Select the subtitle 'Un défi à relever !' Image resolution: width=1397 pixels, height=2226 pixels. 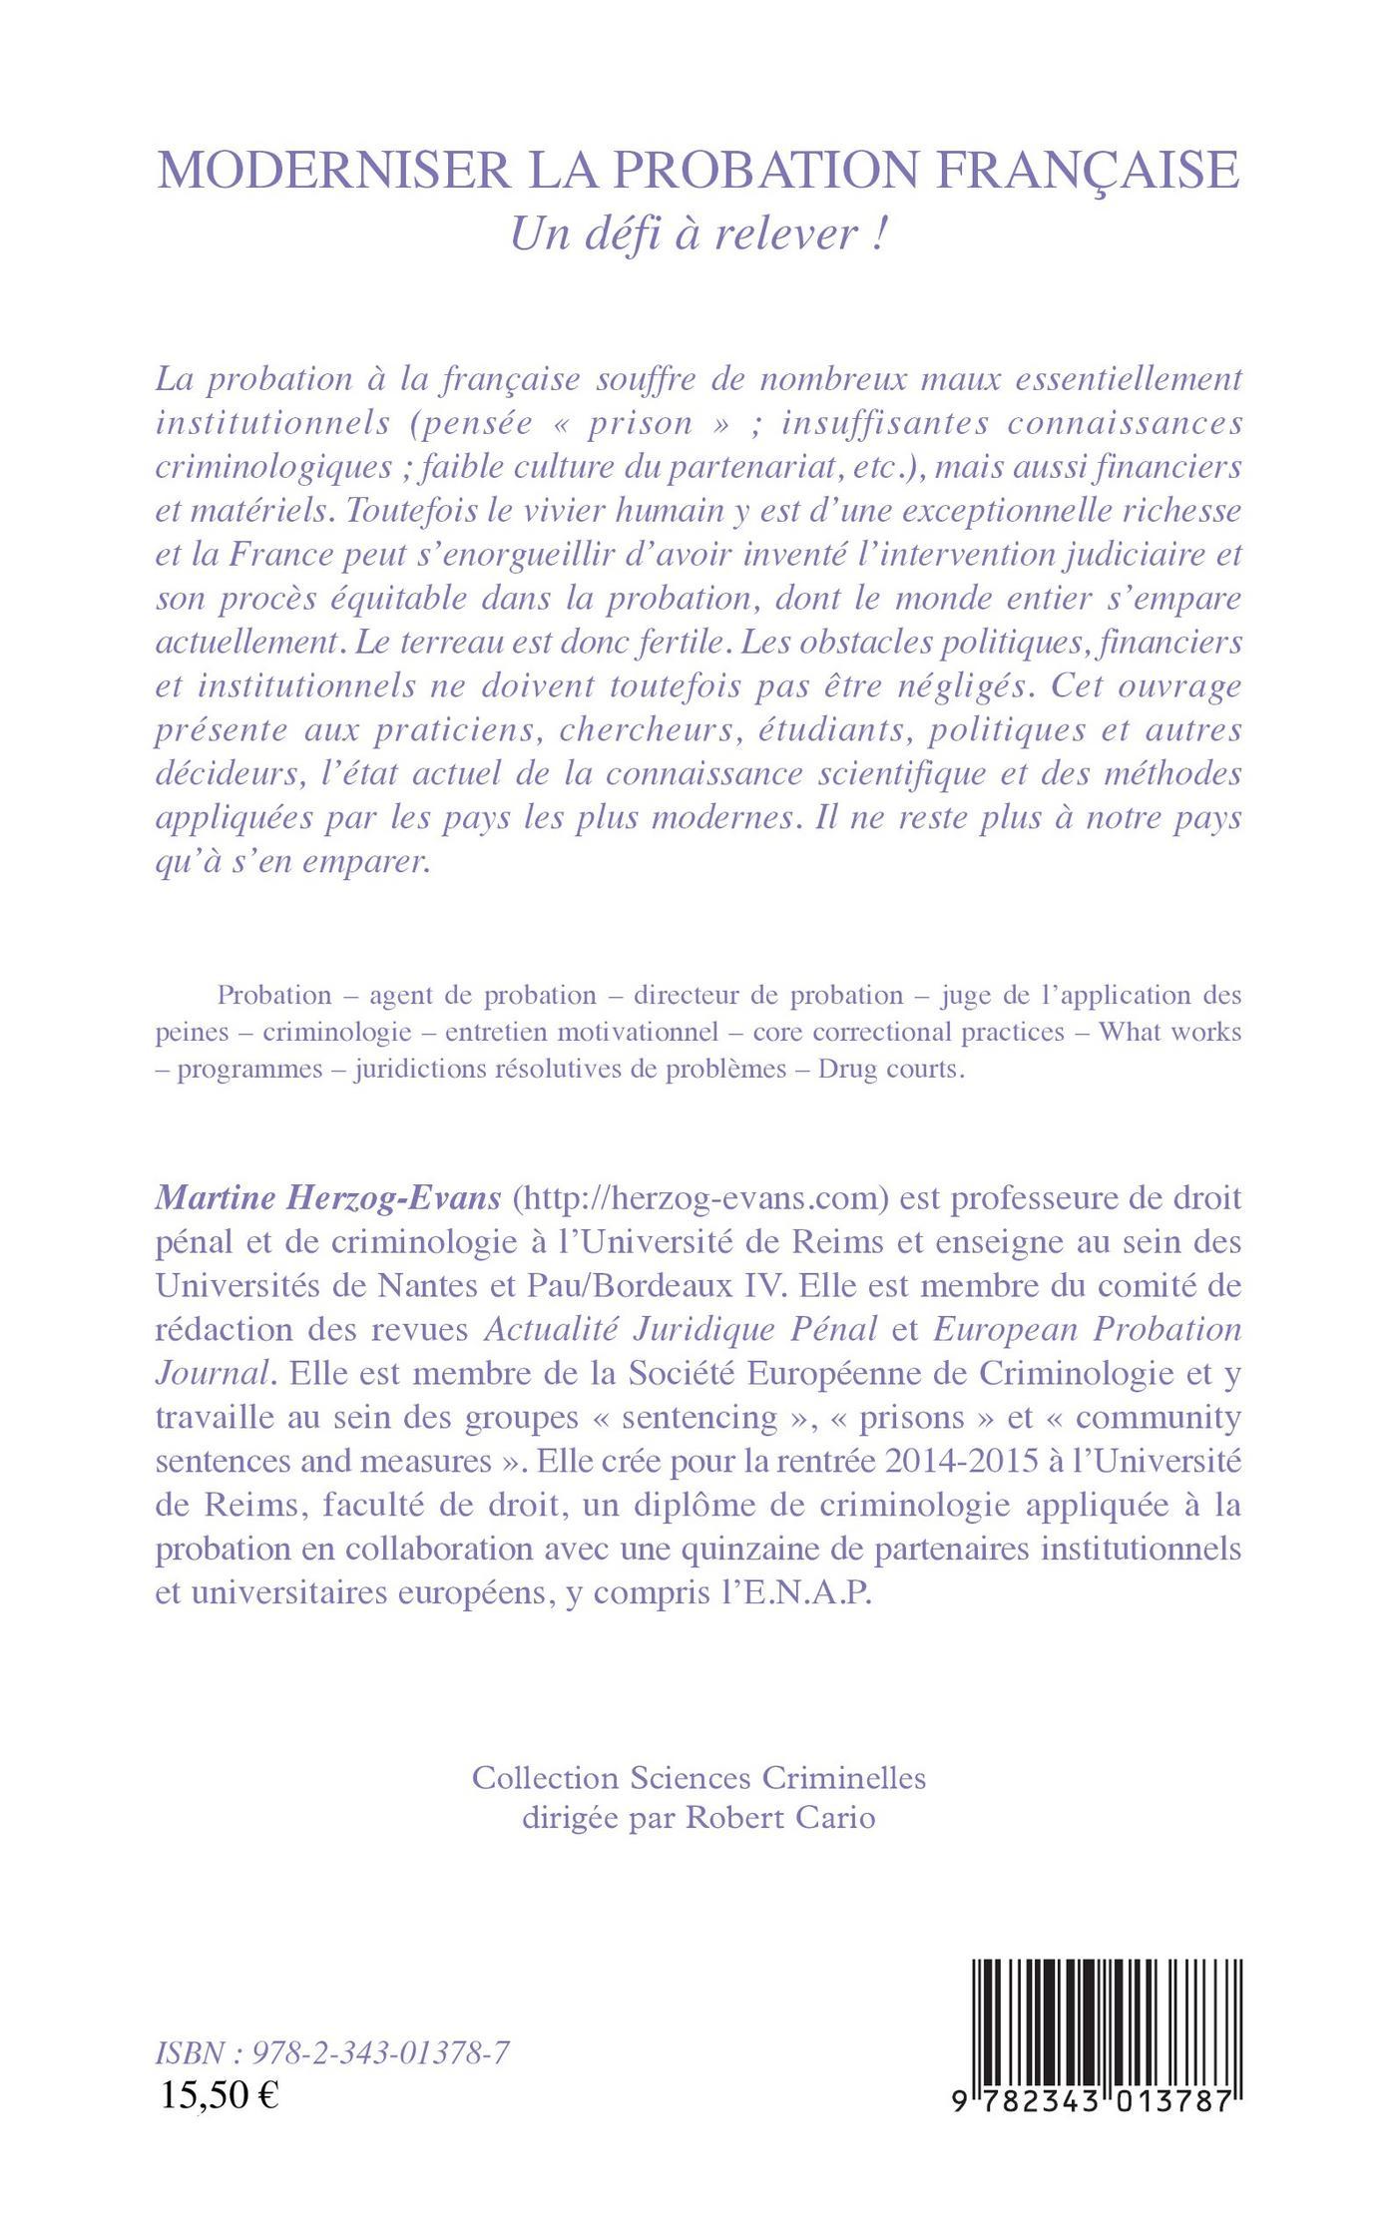698,233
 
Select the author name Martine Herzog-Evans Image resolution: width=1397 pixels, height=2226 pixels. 328,1198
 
